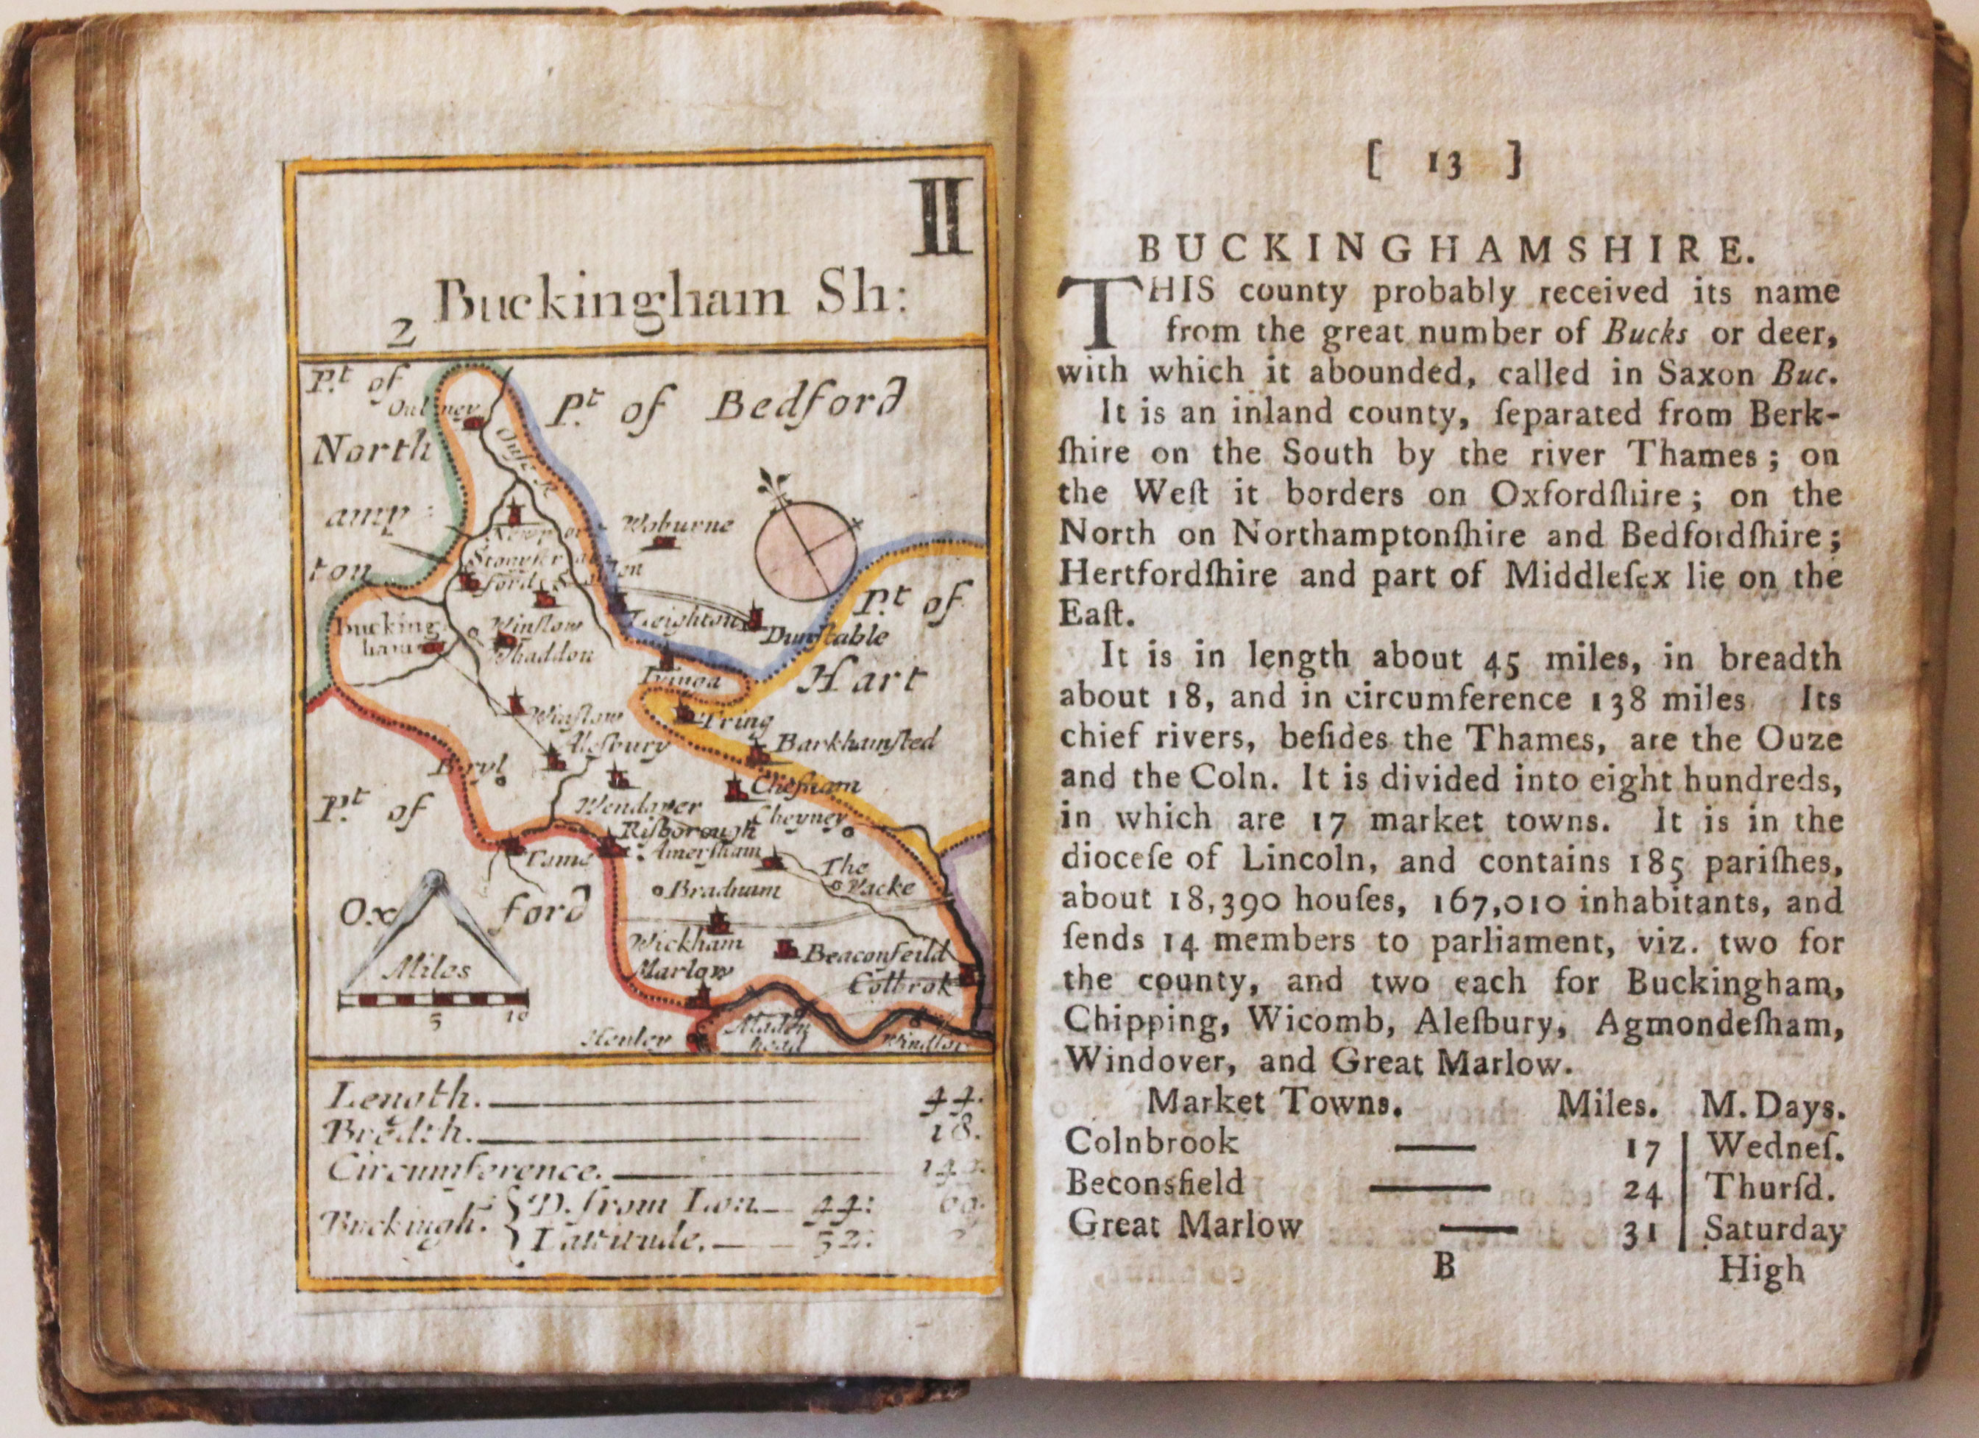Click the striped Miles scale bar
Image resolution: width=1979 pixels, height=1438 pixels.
(x=433, y=998)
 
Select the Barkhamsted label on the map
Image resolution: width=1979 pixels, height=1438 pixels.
(x=855, y=743)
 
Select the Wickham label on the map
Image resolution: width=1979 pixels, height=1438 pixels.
(x=687, y=943)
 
